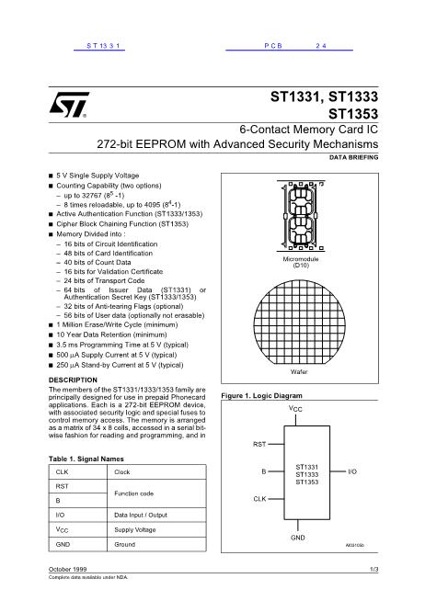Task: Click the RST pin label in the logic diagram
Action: click(258, 444)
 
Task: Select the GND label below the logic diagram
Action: click(298, 536)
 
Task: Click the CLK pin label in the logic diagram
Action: click(259, 498)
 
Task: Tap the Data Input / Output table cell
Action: click(144, 515)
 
